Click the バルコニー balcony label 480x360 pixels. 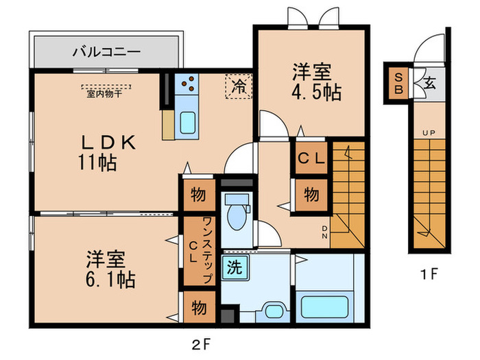point(107,51)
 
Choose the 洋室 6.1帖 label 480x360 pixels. point(109,269)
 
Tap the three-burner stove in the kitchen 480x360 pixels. point(187,86)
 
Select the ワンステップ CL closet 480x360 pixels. point(197,251)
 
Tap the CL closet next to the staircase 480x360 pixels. point(311,157)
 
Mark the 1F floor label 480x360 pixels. point(429,276)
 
